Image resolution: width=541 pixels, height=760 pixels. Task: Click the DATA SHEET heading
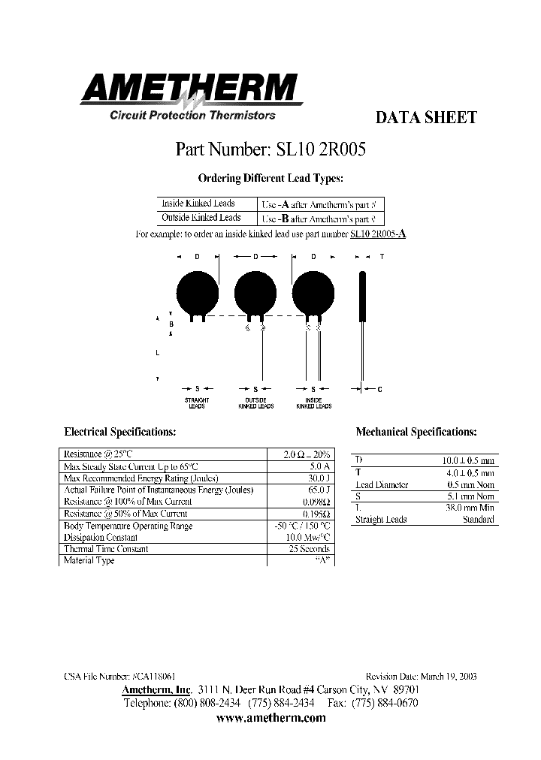click(425, 117)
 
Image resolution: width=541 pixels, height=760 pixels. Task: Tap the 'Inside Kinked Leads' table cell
click(198, 204)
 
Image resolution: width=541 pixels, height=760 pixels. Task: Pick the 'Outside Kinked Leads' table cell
click(200, 218)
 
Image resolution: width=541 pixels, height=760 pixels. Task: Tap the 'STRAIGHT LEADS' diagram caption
click(196, 403)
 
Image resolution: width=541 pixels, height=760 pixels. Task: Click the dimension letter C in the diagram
click(379, 389)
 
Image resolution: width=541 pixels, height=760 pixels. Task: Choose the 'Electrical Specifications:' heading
click(120, 433)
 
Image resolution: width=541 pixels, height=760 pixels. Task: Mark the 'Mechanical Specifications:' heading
click(416, 433)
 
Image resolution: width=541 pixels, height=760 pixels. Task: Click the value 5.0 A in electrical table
click(318, 466)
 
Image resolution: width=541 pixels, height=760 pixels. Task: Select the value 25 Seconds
click(309, 549)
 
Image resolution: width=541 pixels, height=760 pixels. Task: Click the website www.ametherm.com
click(270, 718)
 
